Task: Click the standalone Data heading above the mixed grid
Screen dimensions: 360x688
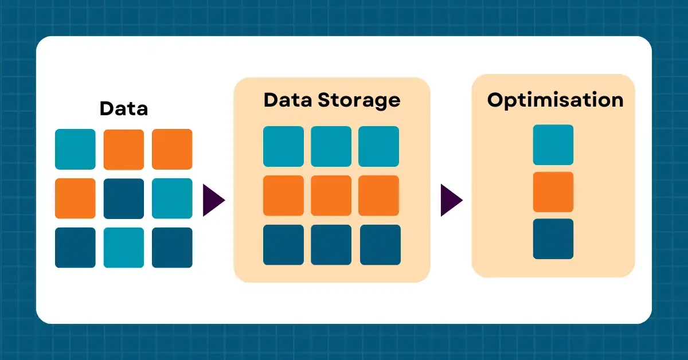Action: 123,108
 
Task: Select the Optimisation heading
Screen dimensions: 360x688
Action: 555,100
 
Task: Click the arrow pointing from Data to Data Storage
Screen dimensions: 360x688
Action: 213,200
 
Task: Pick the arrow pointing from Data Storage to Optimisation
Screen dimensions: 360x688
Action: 451,200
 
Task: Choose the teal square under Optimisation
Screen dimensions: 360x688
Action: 553,144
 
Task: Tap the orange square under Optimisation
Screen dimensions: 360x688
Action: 553,191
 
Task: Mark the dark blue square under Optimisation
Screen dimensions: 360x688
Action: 553,238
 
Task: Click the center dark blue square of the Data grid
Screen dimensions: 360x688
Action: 124,198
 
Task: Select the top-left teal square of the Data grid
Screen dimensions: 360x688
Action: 75,149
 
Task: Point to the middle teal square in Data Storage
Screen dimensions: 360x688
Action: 331,146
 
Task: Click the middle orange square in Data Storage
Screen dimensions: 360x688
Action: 331,195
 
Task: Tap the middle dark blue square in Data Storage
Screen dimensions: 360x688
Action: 331,245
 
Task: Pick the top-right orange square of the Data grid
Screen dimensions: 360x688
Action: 172,149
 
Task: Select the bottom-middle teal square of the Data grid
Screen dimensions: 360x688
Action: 124,248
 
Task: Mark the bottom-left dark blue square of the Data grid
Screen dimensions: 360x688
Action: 75,248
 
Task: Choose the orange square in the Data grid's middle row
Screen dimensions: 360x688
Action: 75,198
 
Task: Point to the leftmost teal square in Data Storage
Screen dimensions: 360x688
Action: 283,146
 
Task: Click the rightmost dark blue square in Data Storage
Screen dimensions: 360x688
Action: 379,245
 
